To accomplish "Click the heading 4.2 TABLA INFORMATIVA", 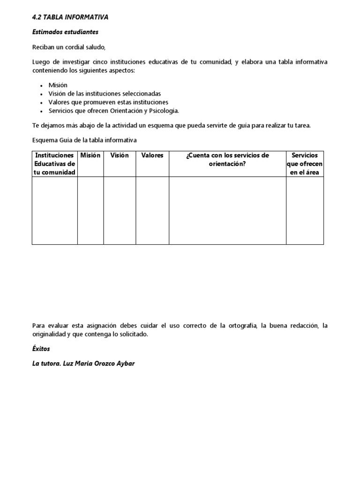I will coord(70,17).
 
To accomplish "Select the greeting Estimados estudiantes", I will coord(65,32).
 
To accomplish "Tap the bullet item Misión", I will coord(58,85).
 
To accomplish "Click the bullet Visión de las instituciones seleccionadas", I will coord(104,93).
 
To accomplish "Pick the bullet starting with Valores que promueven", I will coord(108,102).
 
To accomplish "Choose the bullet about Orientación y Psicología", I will coord(113,111).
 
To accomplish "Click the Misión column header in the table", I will coord(90,156).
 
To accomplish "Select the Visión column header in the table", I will coord(120,156).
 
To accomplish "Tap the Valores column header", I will coord(152,156).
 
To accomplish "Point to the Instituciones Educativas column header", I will coord(55,164).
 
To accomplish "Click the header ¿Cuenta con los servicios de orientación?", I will coord(227,159).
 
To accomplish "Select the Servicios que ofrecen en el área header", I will coord(305,164).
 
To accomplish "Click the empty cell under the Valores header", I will coord(152,210).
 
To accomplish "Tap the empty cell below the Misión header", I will coord(90,210).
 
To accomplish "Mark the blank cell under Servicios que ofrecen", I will coord(305,210).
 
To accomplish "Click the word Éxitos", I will coord(41,349).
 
